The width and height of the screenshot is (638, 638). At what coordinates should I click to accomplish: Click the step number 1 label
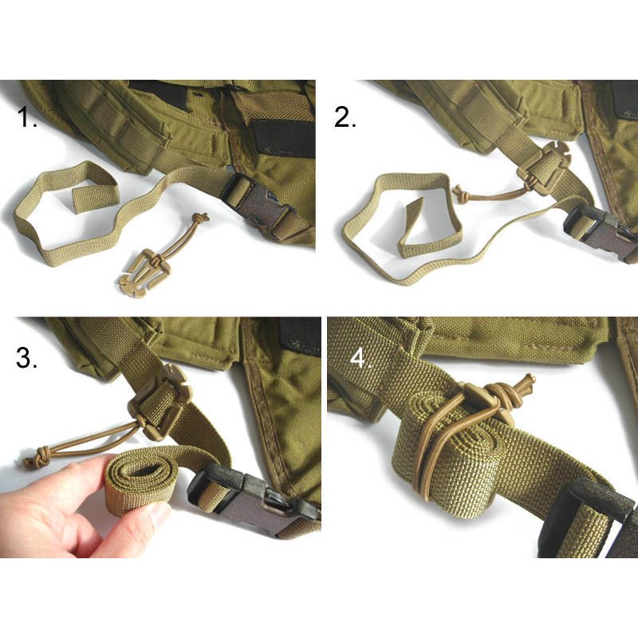(29, 119)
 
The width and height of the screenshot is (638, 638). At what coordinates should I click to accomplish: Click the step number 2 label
(345, 117)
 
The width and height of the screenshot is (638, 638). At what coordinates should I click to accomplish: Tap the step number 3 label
(27, 356)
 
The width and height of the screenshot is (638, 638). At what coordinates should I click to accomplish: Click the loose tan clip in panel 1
(144, 272)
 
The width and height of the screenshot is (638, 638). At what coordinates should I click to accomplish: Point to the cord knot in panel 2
(459, 194)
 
